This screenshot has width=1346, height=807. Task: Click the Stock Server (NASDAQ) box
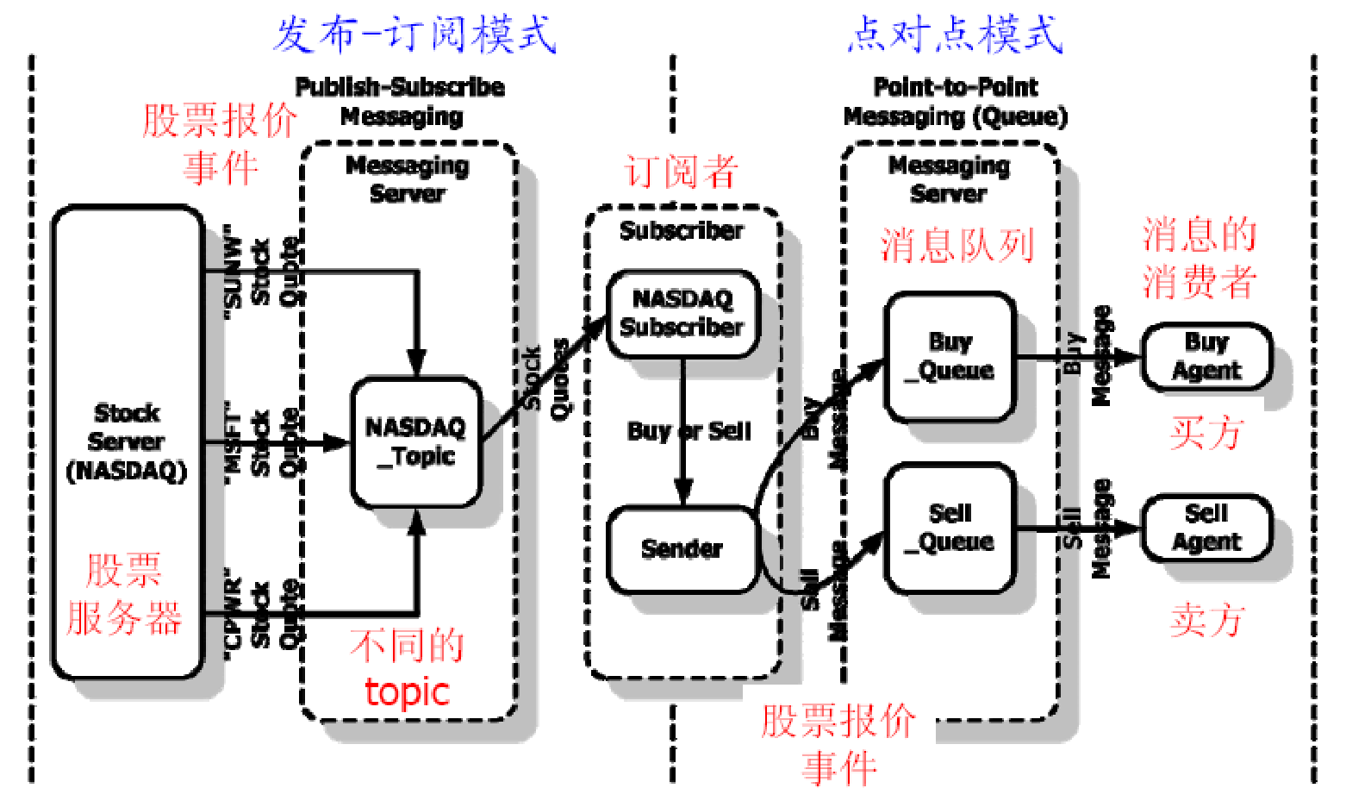coord(127,441)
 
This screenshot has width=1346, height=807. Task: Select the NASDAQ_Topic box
coord(415,441)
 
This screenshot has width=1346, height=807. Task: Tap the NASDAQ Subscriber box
coord(682,313)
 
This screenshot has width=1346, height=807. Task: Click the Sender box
coord(682,548)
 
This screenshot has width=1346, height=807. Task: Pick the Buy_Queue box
coord(950,356)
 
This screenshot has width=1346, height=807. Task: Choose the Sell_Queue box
coord(950,528)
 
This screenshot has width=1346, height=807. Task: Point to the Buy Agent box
coord(1206,356)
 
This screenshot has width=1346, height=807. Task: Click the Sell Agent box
coord(1206,528)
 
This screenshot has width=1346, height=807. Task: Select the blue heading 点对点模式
coord(955,34)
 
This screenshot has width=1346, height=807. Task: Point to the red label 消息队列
coord(957,245)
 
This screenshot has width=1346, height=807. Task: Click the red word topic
coord(407,691)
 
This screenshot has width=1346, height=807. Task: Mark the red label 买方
coord(1206,432)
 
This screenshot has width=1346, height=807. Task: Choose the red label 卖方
coord(1206,620)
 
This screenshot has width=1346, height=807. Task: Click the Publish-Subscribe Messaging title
coord(401,101)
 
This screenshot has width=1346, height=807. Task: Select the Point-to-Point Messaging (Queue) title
coord(955,101)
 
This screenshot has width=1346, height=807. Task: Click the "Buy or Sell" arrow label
coord(689,430)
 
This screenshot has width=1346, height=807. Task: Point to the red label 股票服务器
coord(124,594)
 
